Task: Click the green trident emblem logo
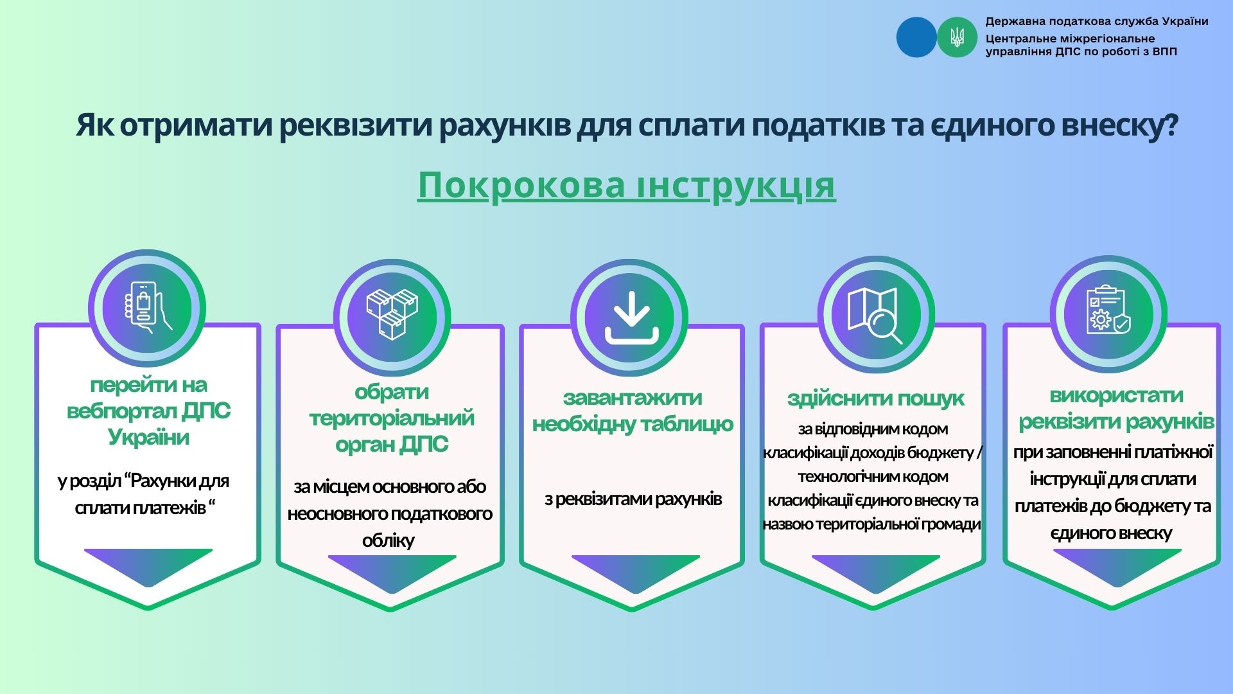pos(957,37)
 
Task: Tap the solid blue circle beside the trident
pos(916,37)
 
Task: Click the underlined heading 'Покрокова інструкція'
pos(627,186)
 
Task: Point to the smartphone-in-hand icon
pos(147,307)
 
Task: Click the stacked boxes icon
pos(392,314)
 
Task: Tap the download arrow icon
pos(632,317)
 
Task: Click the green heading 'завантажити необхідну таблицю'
pos(633,411)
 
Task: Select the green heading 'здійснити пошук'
pos(875,398)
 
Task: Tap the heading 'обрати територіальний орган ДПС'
pos(392,418)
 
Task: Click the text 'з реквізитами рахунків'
pos(633,499)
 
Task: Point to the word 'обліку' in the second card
pos(388,540)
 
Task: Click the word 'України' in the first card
pos(148,438)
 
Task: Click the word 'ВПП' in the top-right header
pos(1165,51)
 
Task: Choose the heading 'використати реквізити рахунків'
pos(1116,408)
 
